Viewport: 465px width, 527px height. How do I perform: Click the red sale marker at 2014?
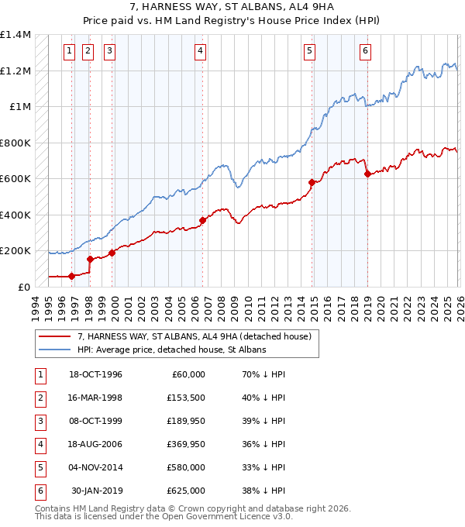pyautogui.click(x=312, y=182)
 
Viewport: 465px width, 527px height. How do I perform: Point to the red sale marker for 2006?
pyautogui.click(x=202, y=220)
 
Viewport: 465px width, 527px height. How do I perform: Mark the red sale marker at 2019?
pyautogui.click(x=367, y=174)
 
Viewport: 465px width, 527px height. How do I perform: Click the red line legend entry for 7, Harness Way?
pyautogui.click(x=194, y=336)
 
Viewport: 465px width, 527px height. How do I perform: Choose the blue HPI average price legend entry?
pyautogui.click(x=171, y=350)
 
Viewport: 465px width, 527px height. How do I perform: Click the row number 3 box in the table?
pyautogui.click(x=39, y=421)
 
